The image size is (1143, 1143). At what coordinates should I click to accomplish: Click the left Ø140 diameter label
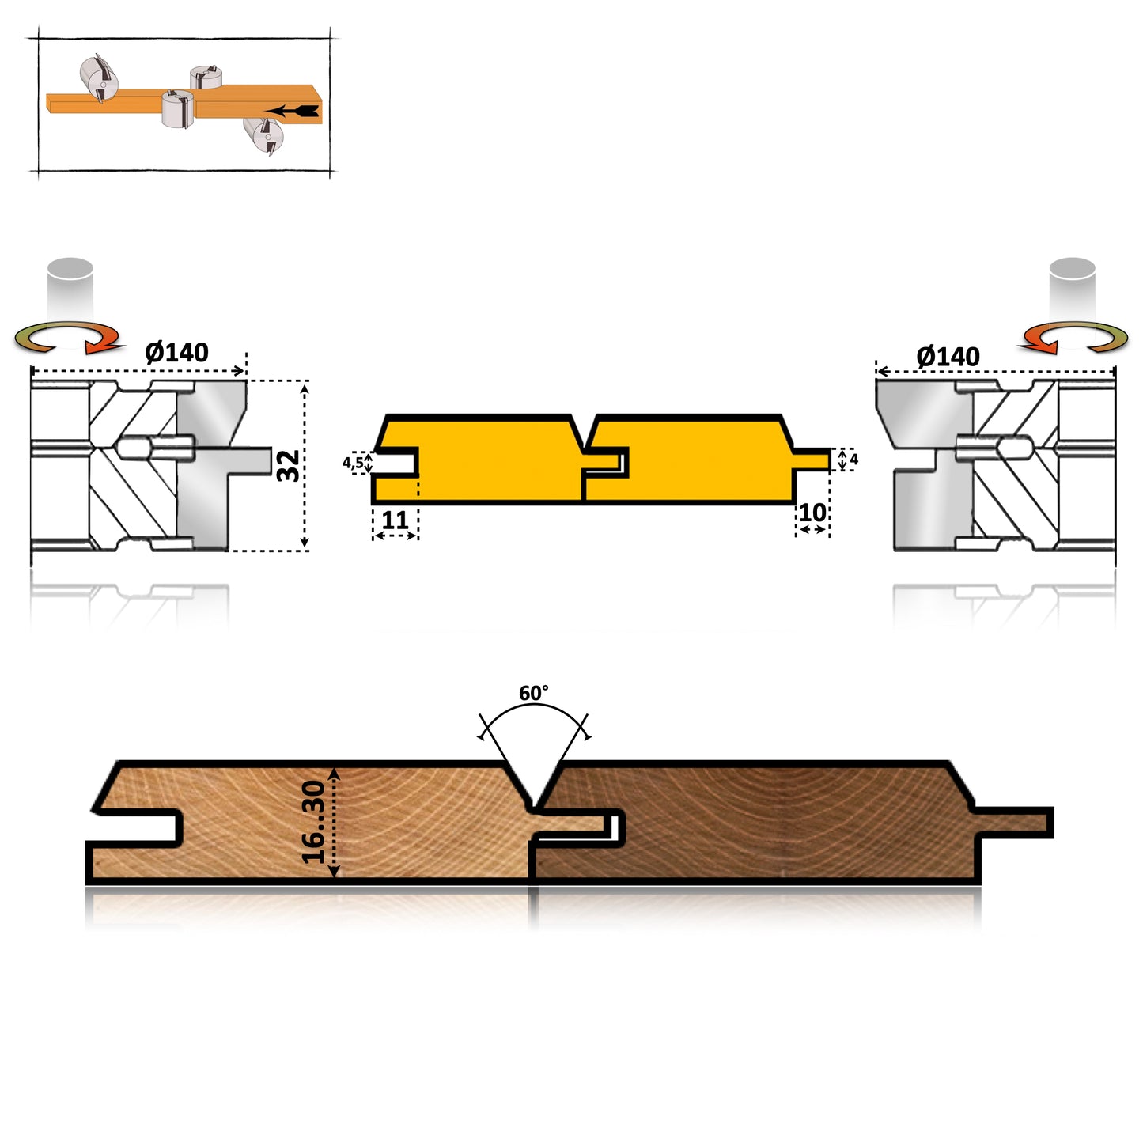pos(176,352)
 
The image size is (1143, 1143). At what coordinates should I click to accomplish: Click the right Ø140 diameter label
pos(948,357)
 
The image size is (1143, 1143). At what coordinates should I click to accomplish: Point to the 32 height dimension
pos(289,465)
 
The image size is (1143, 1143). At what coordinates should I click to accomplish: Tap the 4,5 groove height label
pos(353,463)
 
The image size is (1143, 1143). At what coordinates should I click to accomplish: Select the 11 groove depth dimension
pos(395,520)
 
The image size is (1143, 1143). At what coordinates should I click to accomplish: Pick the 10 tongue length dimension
pos(812,513)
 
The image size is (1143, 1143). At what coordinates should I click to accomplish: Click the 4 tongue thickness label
pos(853,459)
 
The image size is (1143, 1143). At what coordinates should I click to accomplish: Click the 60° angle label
pos(533,694)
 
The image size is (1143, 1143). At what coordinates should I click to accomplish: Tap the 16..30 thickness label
pos(314,822)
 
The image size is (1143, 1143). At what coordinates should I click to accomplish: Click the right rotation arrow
pos(1073,337)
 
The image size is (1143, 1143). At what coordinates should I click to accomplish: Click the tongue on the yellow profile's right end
pos(812,459)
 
